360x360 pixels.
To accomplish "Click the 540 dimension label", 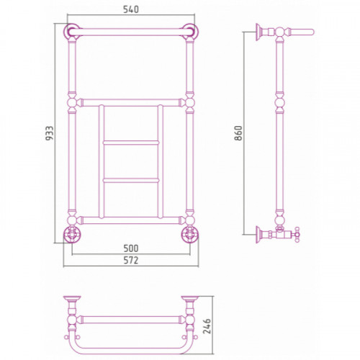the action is pyautogui.click(x=131, y=9).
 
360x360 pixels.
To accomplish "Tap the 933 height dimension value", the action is pyautogui.click(x=50, y=133).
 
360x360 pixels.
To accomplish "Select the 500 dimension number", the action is pyautogui.click(x=131, y=248).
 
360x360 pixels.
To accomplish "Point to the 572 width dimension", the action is pyautogui.click(x=131, y=261).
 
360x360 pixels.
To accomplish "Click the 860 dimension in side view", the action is pyautogui.click(x=239, y=133).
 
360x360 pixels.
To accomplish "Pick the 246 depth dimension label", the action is pyautogui.click(x=207, y=326).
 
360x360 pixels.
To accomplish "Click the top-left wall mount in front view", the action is pyautogui.click(x=71, y=31).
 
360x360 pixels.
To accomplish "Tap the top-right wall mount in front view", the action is pyautogui.click(x=190, y=31).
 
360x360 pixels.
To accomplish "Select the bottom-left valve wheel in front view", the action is pyautogui.click(x=72, y=234).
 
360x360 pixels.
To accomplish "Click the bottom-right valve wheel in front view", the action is pyautogui.click(x=190, y=234).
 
